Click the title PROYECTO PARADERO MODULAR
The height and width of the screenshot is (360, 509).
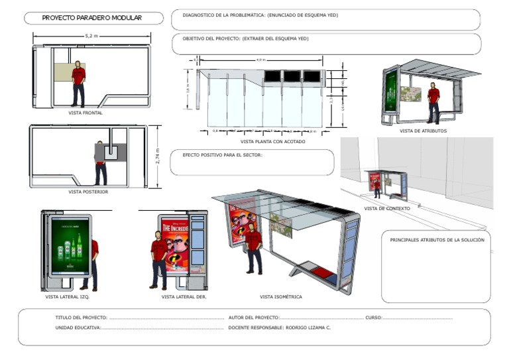91,18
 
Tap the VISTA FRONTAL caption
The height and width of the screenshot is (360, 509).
85,113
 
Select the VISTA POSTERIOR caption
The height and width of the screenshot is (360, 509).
88,192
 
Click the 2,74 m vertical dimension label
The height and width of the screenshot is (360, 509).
157,156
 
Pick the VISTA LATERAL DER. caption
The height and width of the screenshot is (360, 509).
184,296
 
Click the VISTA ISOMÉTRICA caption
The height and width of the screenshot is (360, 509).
280,296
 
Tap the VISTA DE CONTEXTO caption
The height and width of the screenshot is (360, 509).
387,208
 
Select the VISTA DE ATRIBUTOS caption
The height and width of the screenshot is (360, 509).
423,131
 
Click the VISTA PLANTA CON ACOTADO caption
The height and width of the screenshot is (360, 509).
269,141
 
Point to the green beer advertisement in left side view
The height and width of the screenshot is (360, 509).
70,247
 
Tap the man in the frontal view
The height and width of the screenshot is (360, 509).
79,83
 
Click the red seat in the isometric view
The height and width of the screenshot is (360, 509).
322,270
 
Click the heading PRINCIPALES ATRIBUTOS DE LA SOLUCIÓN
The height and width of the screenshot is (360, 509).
437,239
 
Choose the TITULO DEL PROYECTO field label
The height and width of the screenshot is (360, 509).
81,318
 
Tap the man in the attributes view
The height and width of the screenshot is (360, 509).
433,102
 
